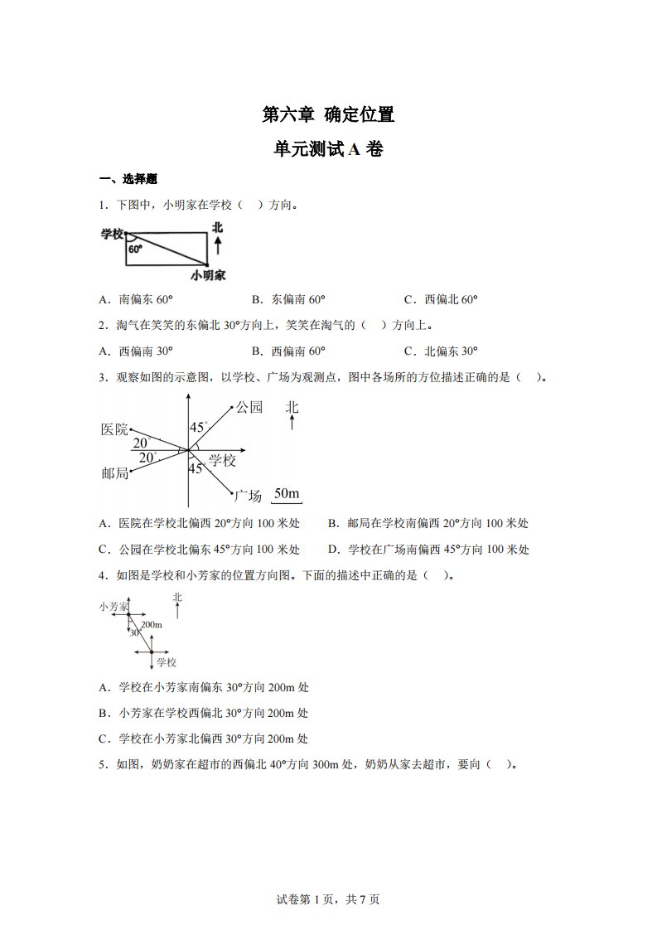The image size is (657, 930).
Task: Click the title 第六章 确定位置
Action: [328, 115]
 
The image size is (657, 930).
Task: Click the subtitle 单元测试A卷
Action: [328, 149]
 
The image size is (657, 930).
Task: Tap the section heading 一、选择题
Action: [128, 179]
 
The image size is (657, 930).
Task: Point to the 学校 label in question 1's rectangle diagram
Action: [112, 234]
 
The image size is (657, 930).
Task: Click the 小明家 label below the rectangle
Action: [208, 274]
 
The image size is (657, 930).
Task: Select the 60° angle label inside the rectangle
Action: [135, 248]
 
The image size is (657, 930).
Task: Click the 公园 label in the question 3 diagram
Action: [249, 407]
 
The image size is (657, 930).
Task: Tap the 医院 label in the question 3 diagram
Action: [114, 429]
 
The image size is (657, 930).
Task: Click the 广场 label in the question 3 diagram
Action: [248, 496]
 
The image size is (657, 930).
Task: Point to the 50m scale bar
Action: [286, 496]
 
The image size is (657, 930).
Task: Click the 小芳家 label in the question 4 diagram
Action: [114, 607]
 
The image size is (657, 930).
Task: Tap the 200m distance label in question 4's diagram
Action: [151, 624]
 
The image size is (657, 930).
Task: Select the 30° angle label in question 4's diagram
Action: [135, 632]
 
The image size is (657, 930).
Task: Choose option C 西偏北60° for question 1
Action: [441, 300]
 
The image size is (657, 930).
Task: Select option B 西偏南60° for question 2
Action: [287, 350]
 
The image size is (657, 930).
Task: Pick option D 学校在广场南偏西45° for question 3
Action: [428, 549]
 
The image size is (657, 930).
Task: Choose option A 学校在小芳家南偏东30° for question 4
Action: [203, 687]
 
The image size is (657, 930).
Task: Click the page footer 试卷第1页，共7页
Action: [328, 899]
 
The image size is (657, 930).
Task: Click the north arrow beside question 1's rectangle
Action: [217, 243]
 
